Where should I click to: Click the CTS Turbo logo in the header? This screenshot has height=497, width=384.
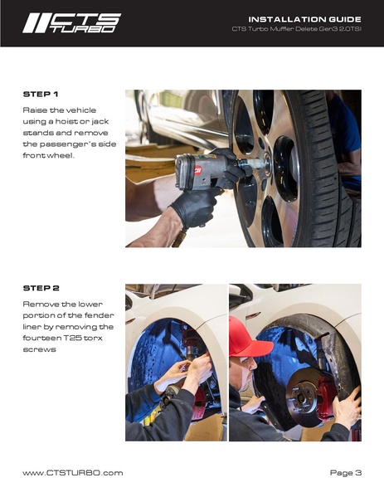coord(71,23)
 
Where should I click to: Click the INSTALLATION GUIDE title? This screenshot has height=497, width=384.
coord(304,19)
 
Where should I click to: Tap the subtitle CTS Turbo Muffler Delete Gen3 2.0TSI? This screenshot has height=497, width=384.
coord(297,29)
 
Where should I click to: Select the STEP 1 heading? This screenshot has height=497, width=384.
coord(41,94)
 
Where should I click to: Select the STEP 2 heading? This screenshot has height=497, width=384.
coord(41,288)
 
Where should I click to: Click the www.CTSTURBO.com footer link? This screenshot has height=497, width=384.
coord(72,473)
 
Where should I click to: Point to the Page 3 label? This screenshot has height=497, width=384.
coord(345,473)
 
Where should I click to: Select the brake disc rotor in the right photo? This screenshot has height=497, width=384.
coord(304,397)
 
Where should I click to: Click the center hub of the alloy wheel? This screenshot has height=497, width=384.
coord(268,164)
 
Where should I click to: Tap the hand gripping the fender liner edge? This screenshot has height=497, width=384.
coord(348,409)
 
